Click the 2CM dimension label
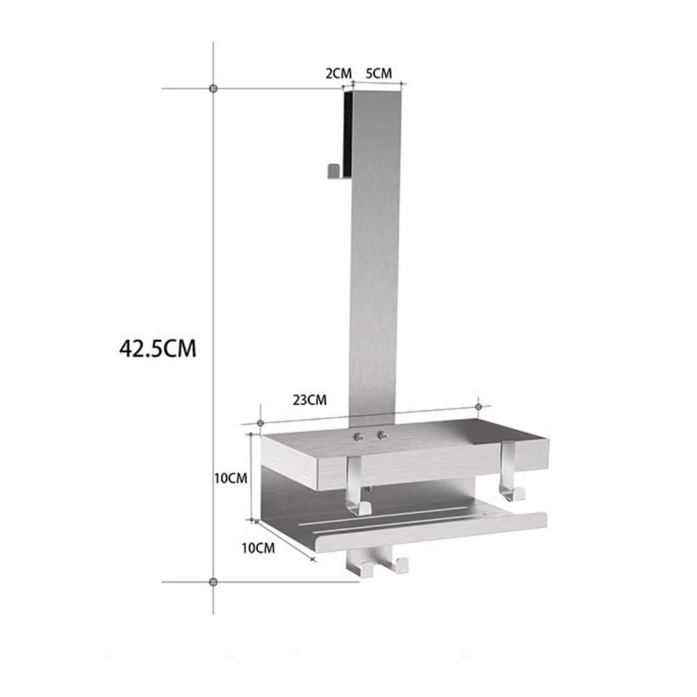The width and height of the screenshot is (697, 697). [338, 73]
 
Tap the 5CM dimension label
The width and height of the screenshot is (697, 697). [379, 73]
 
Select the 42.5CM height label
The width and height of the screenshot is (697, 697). [157, 348]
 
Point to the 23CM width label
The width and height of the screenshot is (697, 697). [310, 400]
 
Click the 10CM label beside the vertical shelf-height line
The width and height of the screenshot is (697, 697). [231, 478]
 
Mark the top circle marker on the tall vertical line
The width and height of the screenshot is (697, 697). [214, 88]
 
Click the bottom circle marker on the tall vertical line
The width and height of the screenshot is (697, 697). [214, 581]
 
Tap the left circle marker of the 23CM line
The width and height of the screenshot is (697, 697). [260, 423]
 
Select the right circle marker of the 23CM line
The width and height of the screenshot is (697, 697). [478, 407]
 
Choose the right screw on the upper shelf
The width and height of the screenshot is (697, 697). [382, 436]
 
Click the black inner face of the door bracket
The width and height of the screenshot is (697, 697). [348, 132]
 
